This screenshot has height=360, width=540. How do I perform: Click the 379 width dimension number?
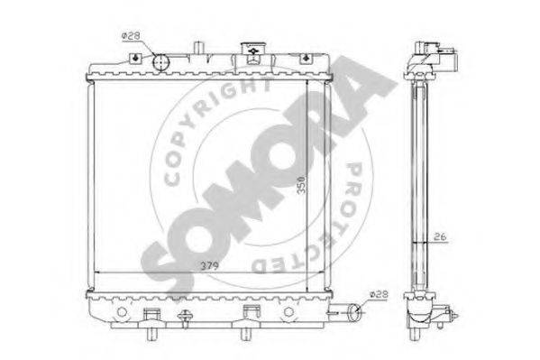210,266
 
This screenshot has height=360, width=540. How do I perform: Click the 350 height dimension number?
301,185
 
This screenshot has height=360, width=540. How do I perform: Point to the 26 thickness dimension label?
440,237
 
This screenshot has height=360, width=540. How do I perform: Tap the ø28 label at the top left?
130,35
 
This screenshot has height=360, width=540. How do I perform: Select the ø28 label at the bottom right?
379,294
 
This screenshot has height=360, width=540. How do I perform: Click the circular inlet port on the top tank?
160,62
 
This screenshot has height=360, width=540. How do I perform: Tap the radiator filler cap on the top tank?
253,49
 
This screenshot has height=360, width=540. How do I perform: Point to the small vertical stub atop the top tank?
198,48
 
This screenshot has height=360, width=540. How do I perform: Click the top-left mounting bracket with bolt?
135,58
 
